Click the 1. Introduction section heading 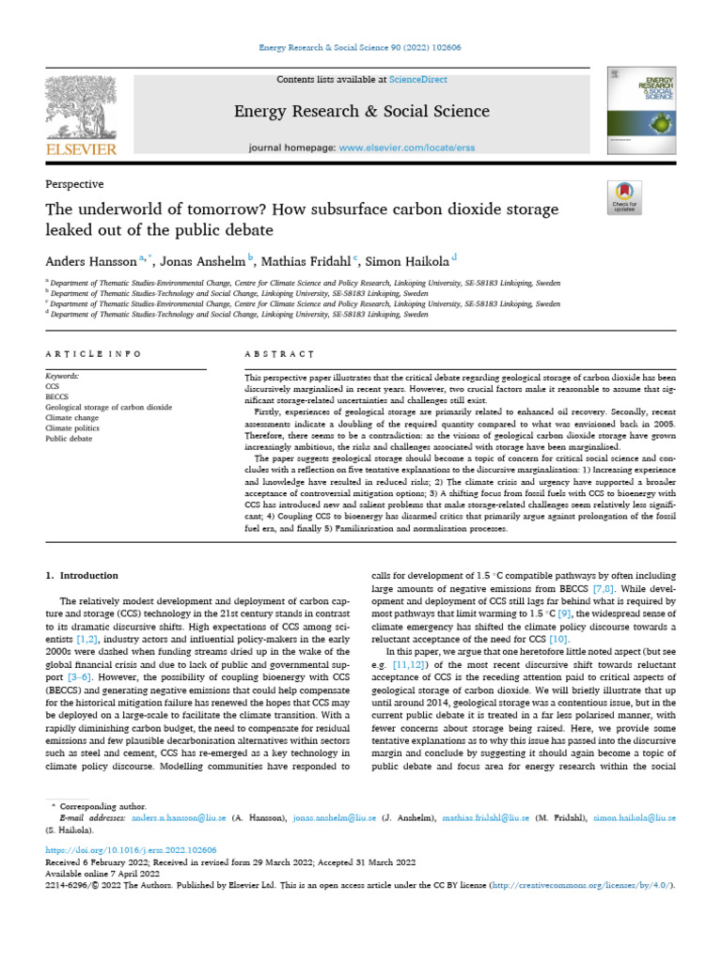[83, 575]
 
